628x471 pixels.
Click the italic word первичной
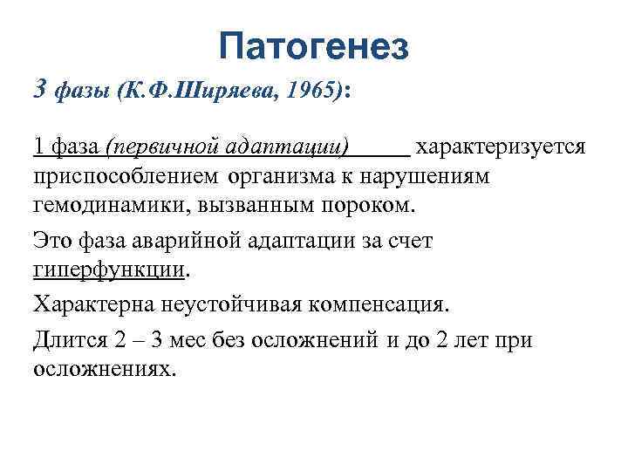174,144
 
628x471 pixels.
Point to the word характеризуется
502,144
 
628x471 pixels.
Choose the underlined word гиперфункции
110,270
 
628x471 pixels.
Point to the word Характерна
91,304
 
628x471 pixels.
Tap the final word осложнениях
103,368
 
